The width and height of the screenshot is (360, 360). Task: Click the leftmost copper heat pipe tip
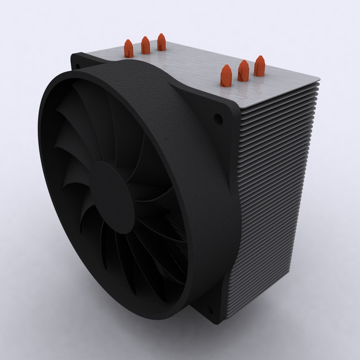click(x=129, y=49)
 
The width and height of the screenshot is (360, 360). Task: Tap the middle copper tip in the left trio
click(x=145, y=45)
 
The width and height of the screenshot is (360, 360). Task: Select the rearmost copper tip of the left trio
click(x=161, y=42)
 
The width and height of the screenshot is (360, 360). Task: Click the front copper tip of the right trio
click(x=226, y=76)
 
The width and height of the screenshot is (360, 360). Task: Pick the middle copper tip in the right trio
click(x=243, y=71)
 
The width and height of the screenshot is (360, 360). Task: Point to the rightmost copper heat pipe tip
click(x=259, y=66)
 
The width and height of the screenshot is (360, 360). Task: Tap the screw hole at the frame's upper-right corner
click(x=217, y=117)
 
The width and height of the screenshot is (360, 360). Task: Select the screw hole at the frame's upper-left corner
click(x=77, y=66)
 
